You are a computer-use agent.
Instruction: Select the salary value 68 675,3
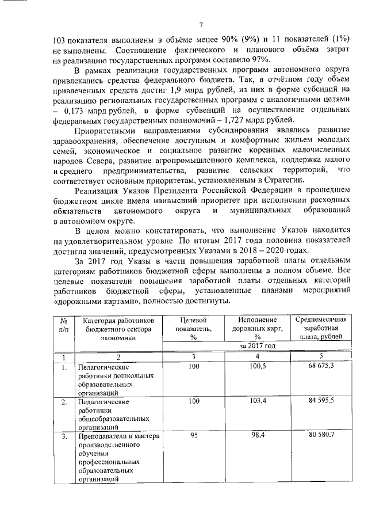click(x=320, y=366)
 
